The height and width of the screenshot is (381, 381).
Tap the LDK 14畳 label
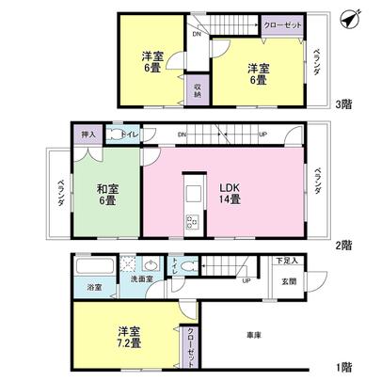click(x=230, y=192)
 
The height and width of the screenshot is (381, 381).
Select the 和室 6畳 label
click(x=105, y=193)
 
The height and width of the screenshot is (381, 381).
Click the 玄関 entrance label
click(x=288, y=280)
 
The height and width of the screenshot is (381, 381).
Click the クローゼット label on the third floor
click(x=282, y=26)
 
